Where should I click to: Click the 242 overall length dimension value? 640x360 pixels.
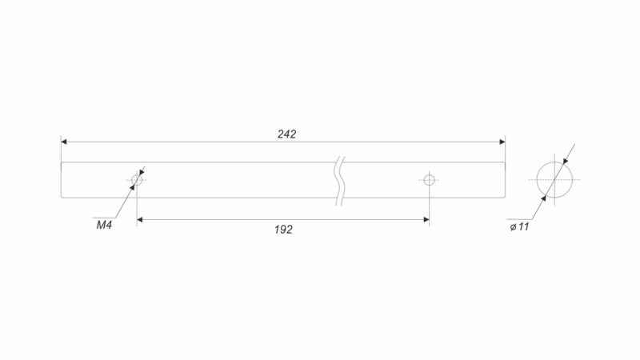point(286,134)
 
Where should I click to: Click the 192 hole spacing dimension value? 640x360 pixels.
point(283,230)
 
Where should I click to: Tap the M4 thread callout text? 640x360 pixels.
point(104,225)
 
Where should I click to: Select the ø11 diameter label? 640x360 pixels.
point(519,227)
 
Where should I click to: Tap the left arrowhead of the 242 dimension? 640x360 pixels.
point(64,142)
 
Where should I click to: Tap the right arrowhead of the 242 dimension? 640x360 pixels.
point(502,142)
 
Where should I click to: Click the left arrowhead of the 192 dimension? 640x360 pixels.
point(139,219)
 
